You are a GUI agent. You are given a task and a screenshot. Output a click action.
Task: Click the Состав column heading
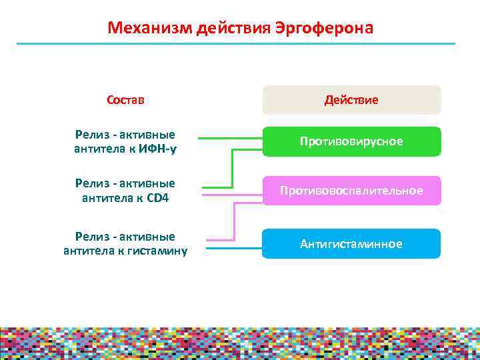[125, 100]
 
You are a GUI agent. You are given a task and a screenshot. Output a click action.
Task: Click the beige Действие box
[351, 100]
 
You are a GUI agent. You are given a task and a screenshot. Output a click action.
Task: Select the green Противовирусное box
[351, 141]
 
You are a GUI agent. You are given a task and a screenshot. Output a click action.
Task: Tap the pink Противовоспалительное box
[351, 191]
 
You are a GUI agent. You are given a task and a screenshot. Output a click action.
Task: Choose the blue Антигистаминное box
[351, 243]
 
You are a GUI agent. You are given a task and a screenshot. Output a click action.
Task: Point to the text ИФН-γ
[158, 149]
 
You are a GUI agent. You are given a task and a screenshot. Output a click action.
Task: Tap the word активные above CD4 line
[147, 183]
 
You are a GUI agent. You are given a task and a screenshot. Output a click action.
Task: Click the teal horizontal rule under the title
[235, 44]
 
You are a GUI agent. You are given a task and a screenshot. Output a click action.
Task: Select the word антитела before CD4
[103, 198]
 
